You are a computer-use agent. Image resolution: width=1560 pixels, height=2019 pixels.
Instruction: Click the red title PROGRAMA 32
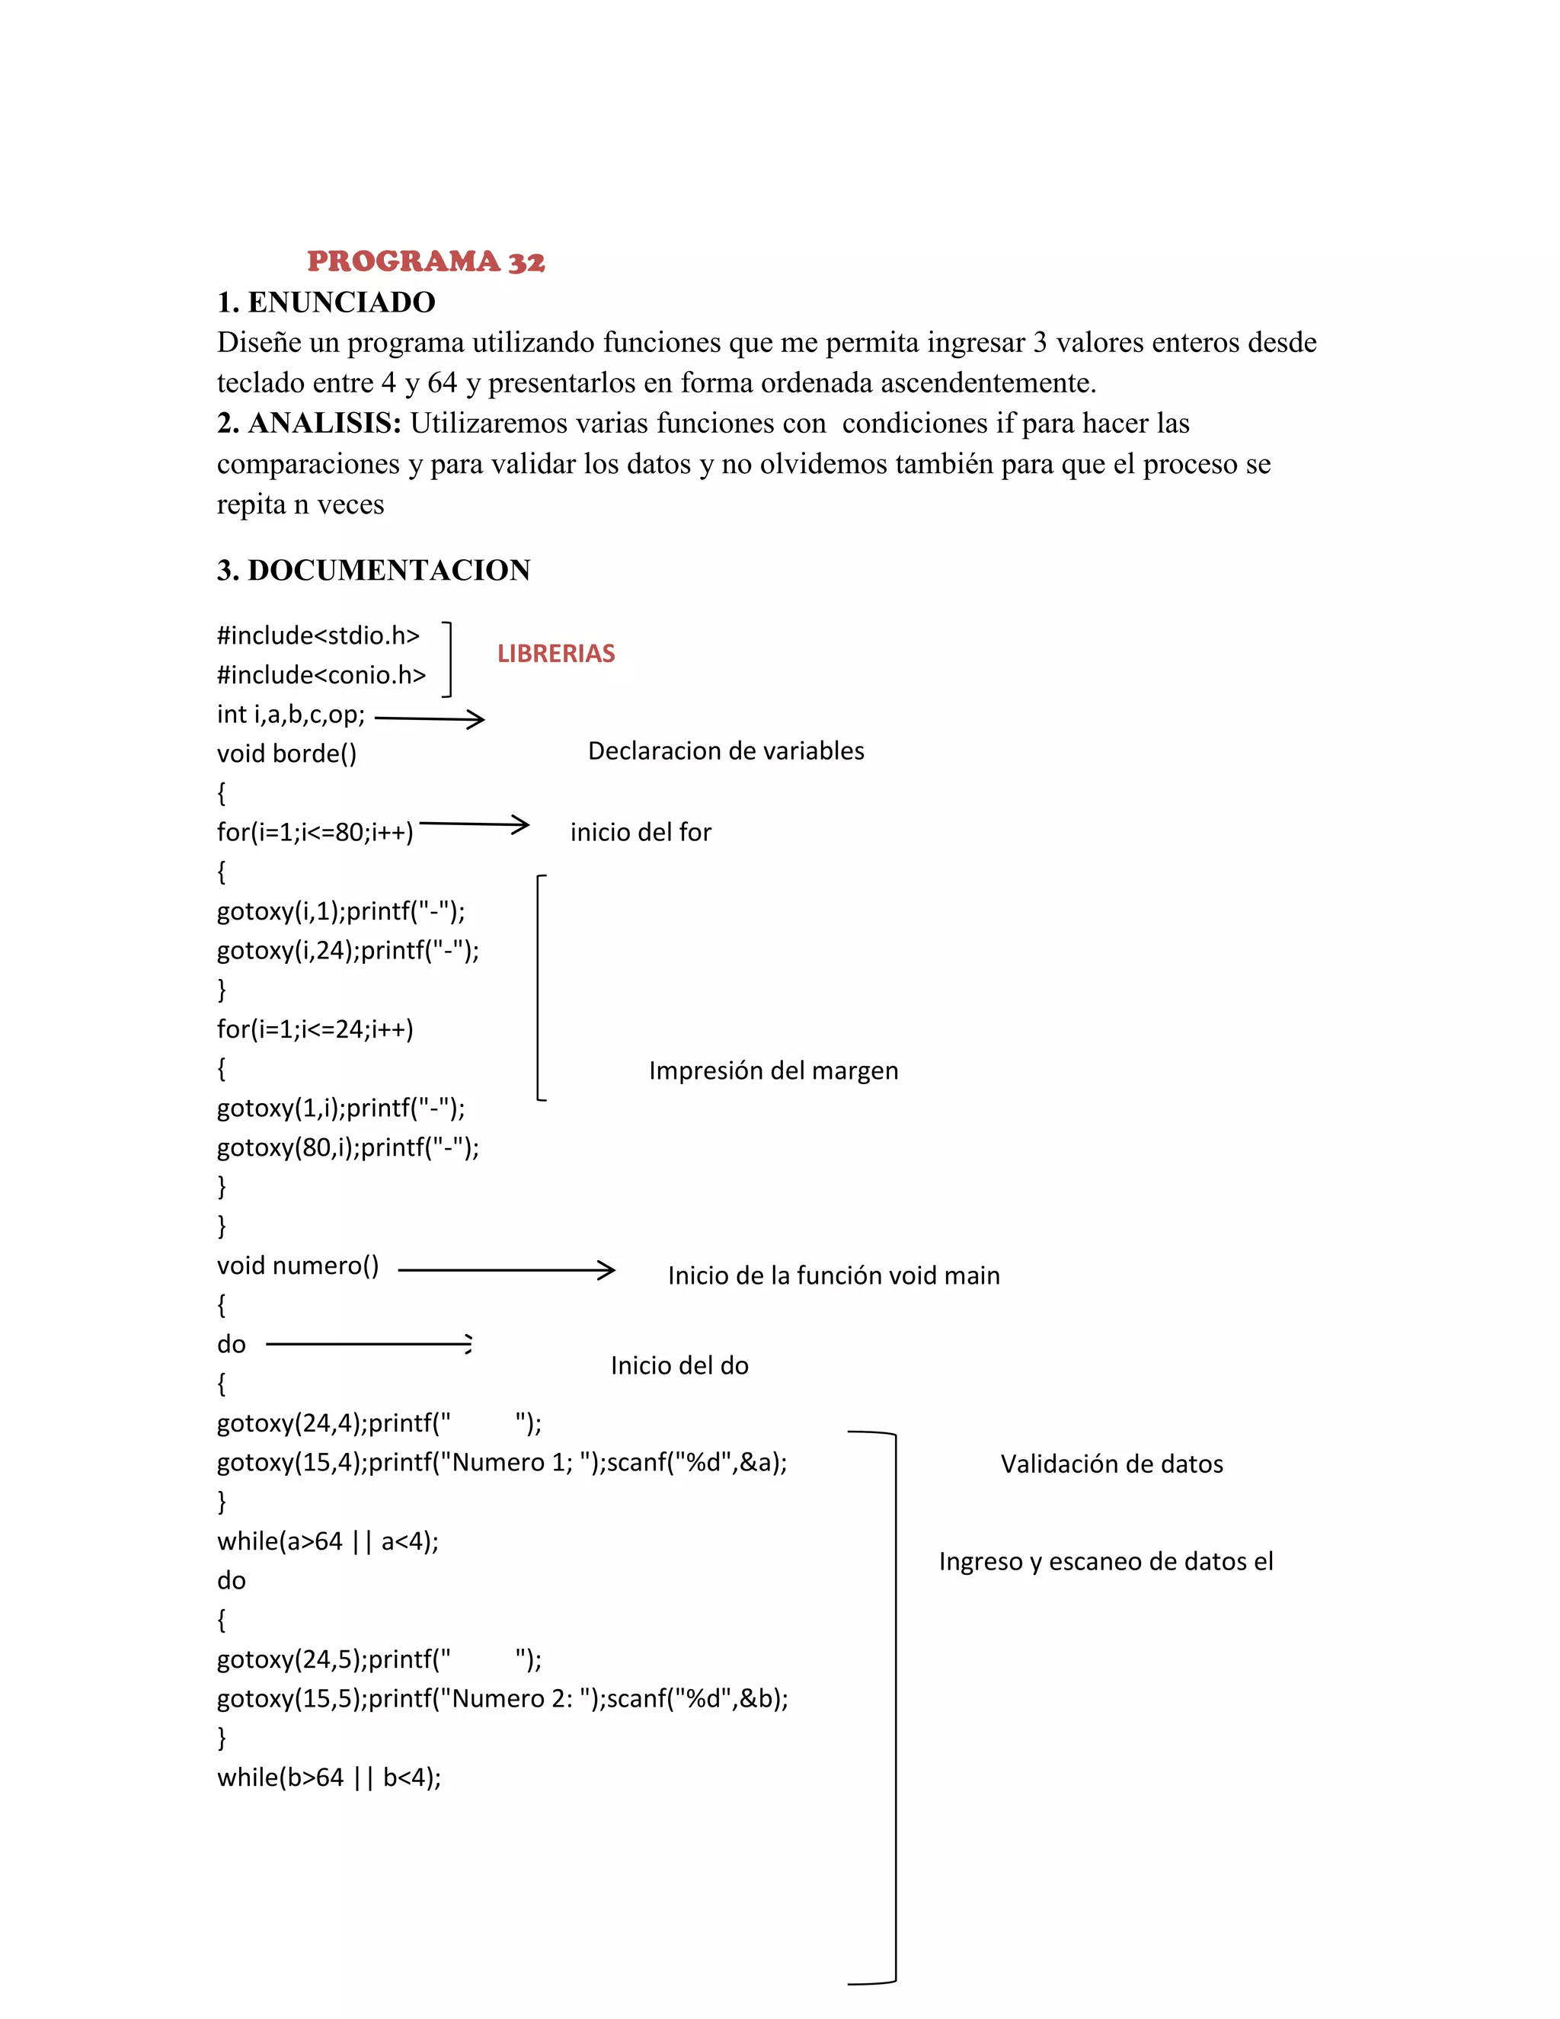426,261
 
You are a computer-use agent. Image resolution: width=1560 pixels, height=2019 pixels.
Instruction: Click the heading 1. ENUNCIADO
325,302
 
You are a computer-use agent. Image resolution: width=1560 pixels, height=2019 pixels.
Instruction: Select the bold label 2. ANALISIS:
308,424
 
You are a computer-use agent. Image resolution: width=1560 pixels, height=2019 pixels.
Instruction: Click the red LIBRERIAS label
555,654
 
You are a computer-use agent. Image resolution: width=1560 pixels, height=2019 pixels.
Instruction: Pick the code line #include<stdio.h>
318,636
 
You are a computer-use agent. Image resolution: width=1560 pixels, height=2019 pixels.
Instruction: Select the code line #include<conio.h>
321,676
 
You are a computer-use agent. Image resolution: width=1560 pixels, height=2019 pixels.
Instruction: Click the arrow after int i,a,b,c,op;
430,718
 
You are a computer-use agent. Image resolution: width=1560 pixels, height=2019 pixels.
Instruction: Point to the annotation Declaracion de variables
725,750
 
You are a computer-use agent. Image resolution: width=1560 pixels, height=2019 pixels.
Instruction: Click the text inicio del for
641,832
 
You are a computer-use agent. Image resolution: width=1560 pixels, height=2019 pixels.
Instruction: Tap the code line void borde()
286,754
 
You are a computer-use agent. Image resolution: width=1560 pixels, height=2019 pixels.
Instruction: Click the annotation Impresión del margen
772,1070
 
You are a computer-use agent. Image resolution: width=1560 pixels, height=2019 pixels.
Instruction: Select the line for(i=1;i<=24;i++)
315,1029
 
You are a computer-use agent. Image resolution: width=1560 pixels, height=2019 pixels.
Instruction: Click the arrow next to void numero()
507,1270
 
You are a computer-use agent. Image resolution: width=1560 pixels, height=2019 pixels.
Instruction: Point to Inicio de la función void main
833,1275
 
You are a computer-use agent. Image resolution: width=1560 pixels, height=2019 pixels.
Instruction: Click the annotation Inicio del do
679,1365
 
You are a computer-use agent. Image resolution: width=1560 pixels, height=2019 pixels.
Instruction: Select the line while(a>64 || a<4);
327,1541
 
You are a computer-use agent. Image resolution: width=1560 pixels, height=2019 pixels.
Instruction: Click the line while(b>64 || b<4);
328,1777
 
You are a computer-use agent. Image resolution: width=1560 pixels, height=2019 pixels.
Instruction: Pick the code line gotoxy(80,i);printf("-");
347,1147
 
